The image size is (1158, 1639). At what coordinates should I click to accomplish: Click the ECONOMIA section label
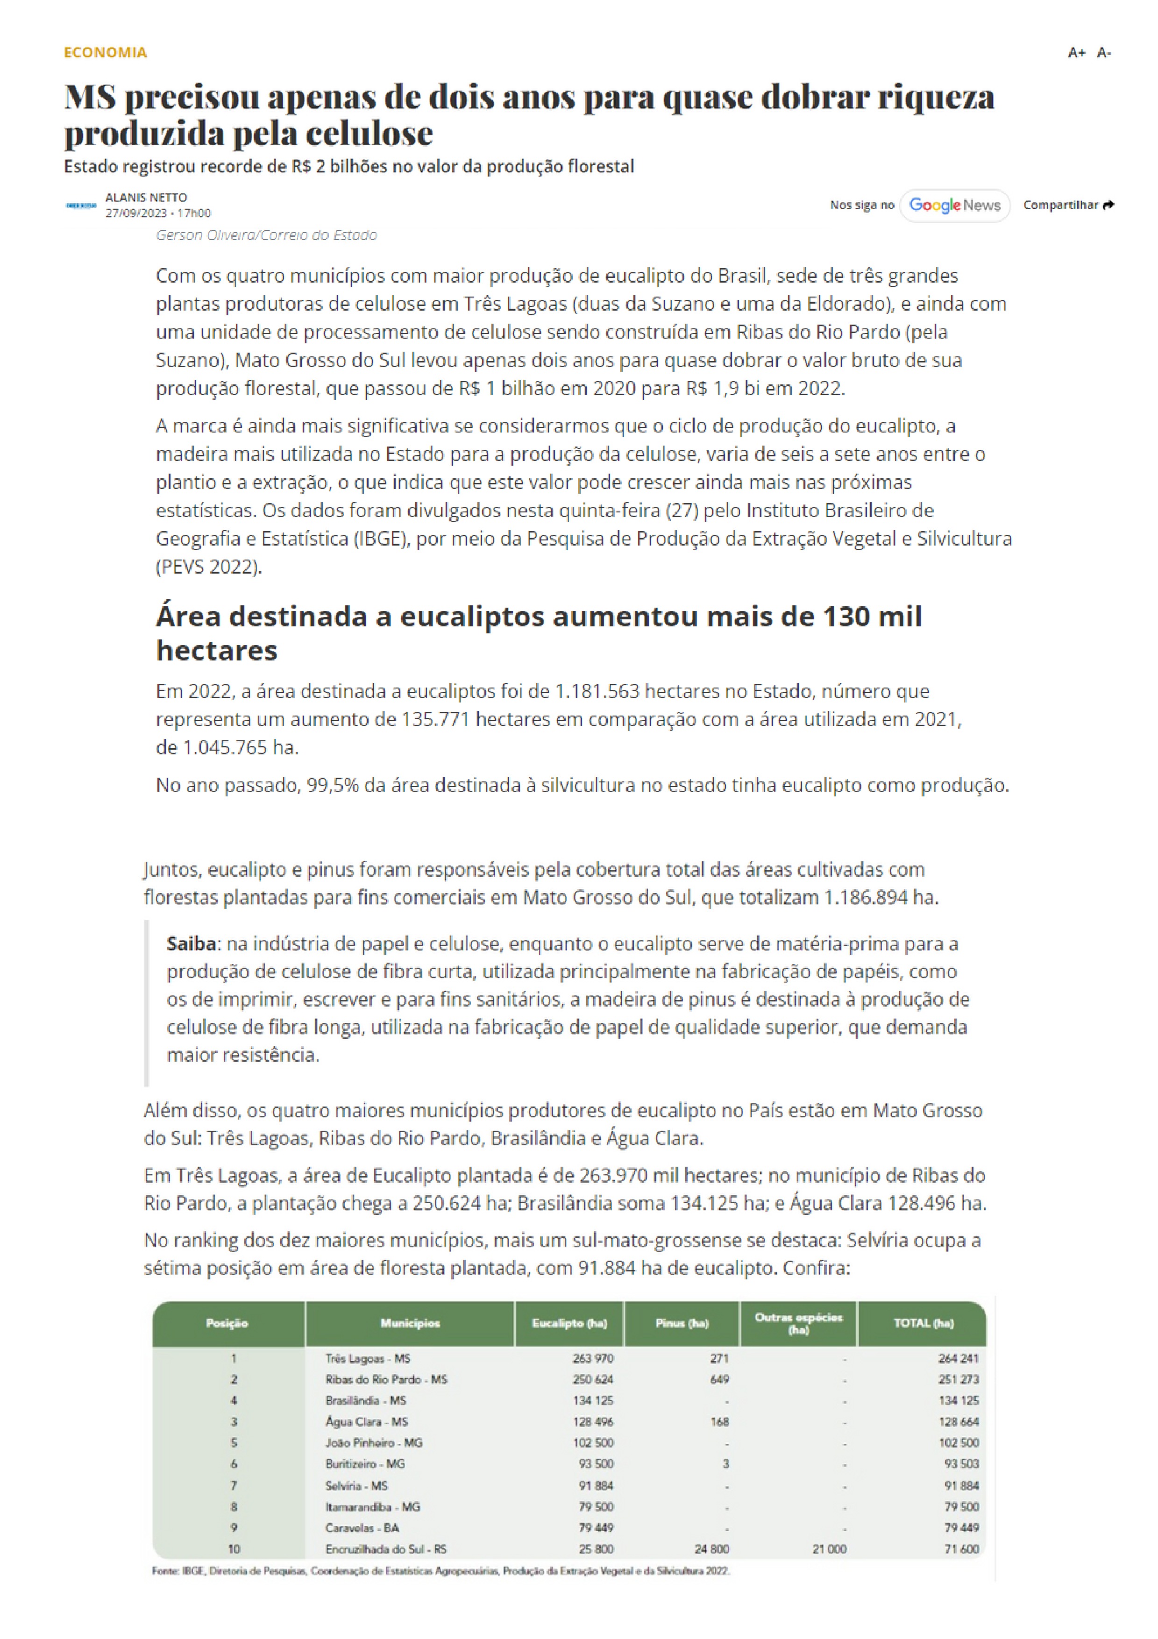click(x=105, y=52)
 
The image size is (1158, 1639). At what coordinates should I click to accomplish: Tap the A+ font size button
click(x=1076, y=53)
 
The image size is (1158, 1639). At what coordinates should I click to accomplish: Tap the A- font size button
click(x=1104, y=53)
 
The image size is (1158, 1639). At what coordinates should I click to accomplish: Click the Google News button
click(x=954, y=206)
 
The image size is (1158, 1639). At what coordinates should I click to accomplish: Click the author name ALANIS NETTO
click(x=146, y=197)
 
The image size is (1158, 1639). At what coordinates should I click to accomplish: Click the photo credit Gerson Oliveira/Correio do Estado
click(x=266, y=235)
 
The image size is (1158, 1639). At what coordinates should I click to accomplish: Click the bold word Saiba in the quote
click(x=192, y=944)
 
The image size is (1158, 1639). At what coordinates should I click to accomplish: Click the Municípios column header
click(x=410, y=1323)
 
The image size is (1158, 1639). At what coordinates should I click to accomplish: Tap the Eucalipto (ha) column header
click(x=569, y=1323)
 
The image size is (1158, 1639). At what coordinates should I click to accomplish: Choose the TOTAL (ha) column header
click(x=923, y=1323)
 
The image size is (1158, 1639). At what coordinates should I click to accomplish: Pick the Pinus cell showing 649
click(x=720, y=1379)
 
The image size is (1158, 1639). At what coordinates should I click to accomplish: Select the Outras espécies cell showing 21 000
click(x=829, y=1549)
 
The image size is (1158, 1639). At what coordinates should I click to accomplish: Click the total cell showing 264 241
click(x=958, y=1358)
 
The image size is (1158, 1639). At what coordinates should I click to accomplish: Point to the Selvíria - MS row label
click(x=356, y=1485)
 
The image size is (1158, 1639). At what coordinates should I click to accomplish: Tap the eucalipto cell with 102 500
click(x=593, y=1443)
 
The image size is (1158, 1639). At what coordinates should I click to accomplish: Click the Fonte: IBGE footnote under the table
click(x=440, y=1570)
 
